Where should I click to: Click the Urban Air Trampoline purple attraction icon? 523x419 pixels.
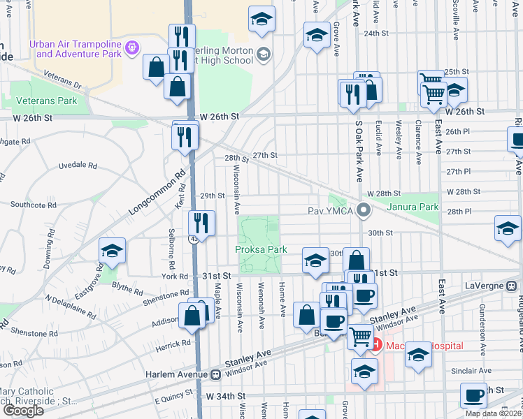(134, 47)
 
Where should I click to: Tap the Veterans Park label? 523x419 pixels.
(48, 101)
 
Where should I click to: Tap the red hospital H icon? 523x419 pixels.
(375, 344)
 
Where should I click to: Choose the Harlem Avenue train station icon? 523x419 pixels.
(215, 374)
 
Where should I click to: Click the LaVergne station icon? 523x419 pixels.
(512, 286)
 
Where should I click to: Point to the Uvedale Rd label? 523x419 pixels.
(77, 166)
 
